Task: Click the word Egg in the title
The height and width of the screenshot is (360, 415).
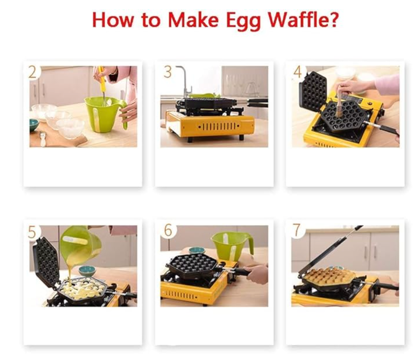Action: pyautogui.click(x=243, y=20)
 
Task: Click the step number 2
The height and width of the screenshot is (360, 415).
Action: pyautogui.click(x=32, y=72)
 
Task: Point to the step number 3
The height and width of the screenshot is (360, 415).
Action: pyautogui.click(x=167, y=72)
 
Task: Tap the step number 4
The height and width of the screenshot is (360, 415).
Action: pyautogui.click(x=298, y=72)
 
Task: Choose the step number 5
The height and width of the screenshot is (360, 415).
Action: pyautogui.click(x=32, y=232)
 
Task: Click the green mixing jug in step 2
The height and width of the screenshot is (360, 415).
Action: pyautogui.click(x=105, y=115)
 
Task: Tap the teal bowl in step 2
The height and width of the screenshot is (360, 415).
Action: pyautogui.click(x=34, y=125)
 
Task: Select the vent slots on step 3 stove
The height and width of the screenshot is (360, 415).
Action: pyautogui.click(x=218, y=127)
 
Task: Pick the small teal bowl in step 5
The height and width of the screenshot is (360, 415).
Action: pyautogui.click(x=87, y=270)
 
